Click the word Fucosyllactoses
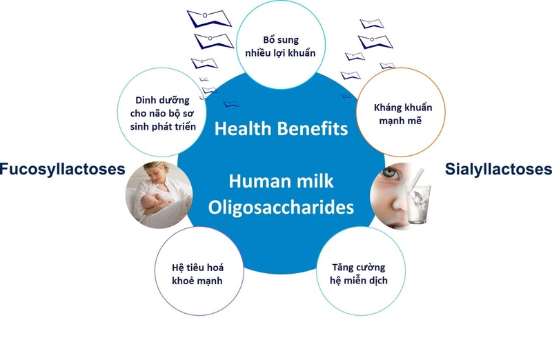pos(62,169)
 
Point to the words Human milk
pos(281,183)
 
